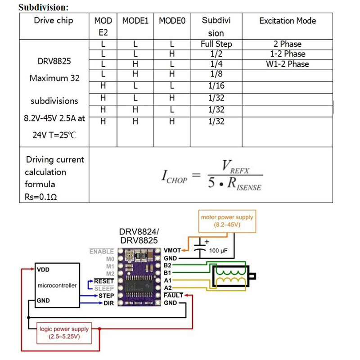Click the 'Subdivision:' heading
[x=44, y=7]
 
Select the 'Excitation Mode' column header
[x=288, y=21]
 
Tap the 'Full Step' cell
[x=216, y=44]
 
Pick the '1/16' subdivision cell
[x=216, y=85]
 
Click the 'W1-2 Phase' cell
[x=288, y=64]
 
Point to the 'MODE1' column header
[x=135, y=21]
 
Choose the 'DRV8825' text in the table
[x=54, y=61]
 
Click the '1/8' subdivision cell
[x=216, y=74]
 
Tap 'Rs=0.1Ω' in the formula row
[x=40, y=197]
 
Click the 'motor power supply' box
[x=227, y=221]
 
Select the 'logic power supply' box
[x=64, y=333]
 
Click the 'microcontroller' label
[x=57, y=285]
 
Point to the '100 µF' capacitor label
[x=218, y=251]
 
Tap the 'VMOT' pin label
[x=172, y=250]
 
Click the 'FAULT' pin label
[x=173, y=295]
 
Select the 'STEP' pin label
[x=106, y=296]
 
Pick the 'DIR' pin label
[x=108, y=303]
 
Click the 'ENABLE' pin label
[x=102, y=252]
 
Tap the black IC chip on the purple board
[x=139, y=286]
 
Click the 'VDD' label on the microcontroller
[x=43, y=270]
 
